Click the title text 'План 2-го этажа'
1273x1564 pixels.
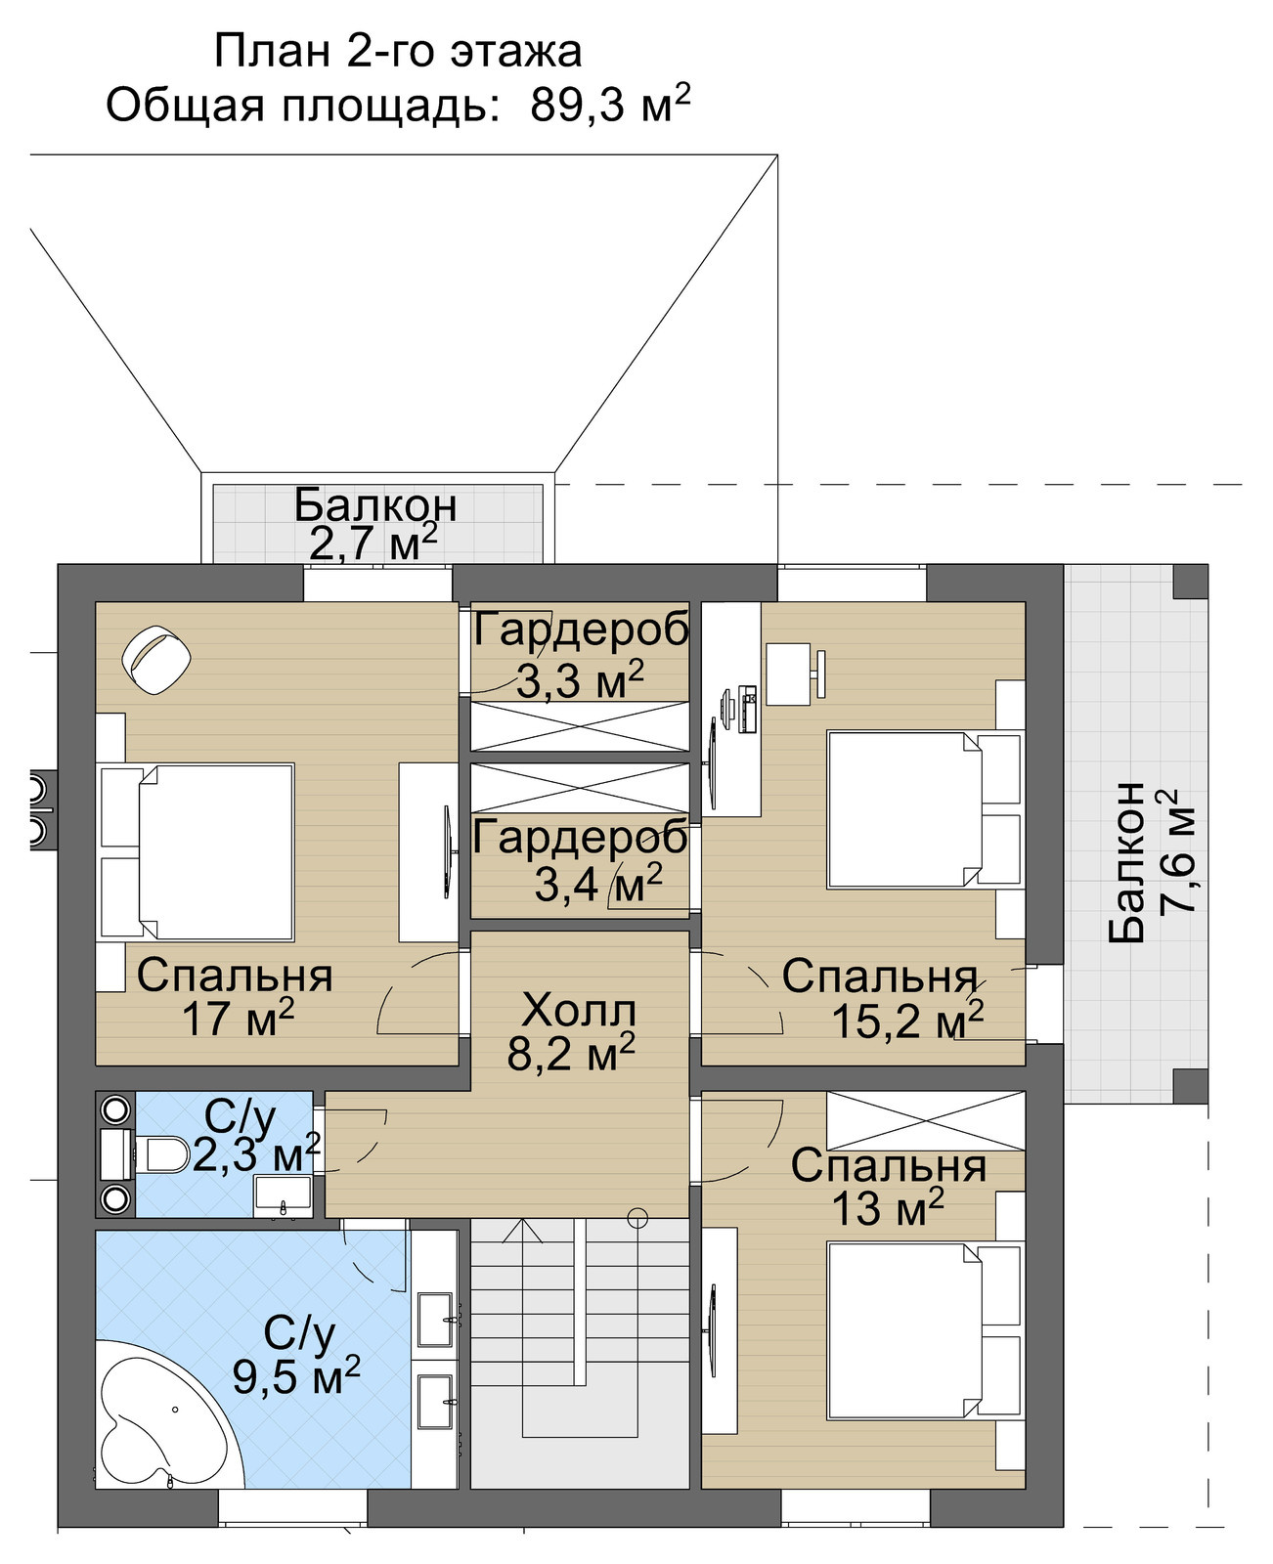point(398,52)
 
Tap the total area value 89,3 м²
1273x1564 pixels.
point(610,105)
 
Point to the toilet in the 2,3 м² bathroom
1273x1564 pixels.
point(160,1154)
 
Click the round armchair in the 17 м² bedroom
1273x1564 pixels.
point(156,659)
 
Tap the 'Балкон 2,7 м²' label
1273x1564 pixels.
point(374,524)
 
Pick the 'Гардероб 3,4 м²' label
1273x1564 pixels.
point(581,860)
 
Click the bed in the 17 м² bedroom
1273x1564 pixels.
point(197,851)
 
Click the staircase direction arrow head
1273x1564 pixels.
point(521,1230)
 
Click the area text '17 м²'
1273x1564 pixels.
point(238,1020)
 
